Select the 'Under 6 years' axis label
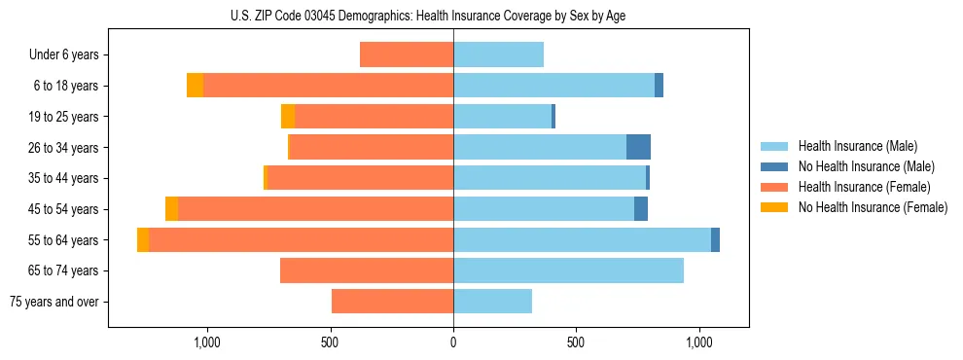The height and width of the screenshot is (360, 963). pos(64,55)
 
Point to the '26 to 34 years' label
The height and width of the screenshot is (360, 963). pos(65,148)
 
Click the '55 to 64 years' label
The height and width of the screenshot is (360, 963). pos(65,240)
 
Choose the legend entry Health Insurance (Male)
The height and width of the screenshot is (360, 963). pos(857,146)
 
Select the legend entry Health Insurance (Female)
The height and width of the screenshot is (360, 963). pos(865,187)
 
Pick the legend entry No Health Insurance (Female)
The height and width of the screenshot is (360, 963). pos(873,207)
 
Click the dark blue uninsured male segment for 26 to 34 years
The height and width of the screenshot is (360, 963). pos(638,147)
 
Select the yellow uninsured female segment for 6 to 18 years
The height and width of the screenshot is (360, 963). pos(195,86)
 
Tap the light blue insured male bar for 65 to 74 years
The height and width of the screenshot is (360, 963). pos(568,270)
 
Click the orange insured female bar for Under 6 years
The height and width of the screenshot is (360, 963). pos(407,54)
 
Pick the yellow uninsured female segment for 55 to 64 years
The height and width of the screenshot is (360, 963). pos(143,239)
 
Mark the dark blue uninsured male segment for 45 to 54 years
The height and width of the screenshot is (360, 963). pos(641,209)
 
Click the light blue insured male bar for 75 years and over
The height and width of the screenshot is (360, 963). pos(492,302)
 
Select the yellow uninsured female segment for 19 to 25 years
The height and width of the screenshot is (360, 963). pos(288,117)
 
